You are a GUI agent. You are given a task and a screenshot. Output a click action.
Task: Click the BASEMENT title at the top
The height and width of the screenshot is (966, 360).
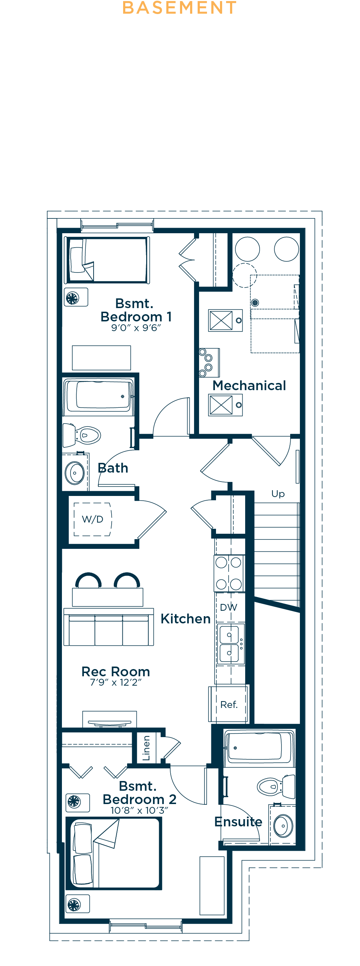pyautogui.click(x=179, y=8)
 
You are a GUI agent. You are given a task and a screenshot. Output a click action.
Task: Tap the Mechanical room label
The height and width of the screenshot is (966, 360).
pyautogui.click(x=249, y=385)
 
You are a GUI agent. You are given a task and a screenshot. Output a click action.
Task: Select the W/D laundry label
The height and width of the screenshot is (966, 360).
pyautogui.click(x=92, y=519)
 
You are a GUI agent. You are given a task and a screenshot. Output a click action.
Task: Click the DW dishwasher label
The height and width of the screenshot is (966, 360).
pyautogui.click(x=228, y=608)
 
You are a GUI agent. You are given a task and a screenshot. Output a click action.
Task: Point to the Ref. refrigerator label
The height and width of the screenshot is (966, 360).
pyautogui.click(x=229, y=705)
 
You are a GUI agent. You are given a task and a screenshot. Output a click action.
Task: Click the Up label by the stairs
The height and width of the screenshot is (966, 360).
pyautogui.click(x=278, y=494)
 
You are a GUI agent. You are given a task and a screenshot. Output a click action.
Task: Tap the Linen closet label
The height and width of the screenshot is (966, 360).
pyautogui.click(x=146, y=748)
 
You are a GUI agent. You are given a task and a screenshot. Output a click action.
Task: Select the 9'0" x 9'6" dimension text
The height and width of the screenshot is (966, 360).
pyautogui.click(x=136, y=328)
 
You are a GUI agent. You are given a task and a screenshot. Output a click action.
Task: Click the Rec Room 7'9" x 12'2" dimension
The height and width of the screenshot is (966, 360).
pyautogui.click(x=116, y=682)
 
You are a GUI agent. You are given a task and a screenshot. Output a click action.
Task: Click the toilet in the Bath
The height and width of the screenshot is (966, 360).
pyautogui.click(x=81, y=435)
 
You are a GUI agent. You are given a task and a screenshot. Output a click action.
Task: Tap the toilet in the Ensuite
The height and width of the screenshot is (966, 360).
pyautogui.click(x=276, y=786)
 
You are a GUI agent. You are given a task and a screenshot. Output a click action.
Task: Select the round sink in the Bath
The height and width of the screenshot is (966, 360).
pyautogui.click(x=75, y=473)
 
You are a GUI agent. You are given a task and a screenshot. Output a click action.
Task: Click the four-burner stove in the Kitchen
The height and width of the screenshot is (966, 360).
pyautogui.click(x=229, y=573)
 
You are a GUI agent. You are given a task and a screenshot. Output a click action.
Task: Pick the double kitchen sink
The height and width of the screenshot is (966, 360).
pyautogui.click(x=230, y=644)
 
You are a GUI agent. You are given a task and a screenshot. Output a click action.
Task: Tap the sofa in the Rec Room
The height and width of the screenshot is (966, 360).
pyautogui.click(x=109, y=627)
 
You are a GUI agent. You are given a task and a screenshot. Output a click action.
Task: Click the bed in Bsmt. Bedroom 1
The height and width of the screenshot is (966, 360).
pyautogui.click(x=108, y=260)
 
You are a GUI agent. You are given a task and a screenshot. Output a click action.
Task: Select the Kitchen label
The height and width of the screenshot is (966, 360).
pyautogui.click(x=186, y=619)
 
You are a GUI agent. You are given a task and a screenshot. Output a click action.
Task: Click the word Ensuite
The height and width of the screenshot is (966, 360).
pyautogui.click(x=238, y=822)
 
